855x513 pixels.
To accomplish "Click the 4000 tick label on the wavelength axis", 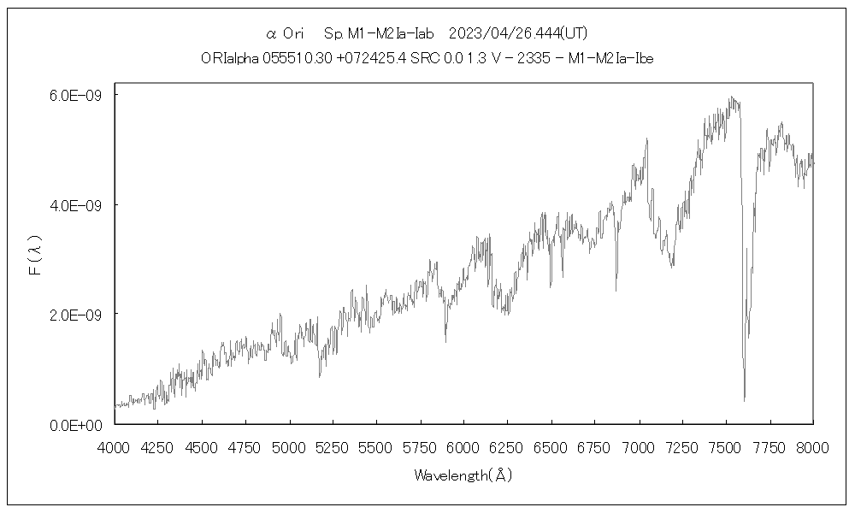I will (114, 446).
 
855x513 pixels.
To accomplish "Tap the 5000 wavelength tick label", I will (289, 446).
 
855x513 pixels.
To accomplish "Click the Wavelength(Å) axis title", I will (463, 475).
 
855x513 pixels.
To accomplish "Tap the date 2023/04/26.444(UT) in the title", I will (518, 33).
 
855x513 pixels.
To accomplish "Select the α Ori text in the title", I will (286, 33).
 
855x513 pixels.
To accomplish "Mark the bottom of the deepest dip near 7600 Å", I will (744, 400).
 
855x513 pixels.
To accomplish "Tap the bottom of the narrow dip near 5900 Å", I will (445, 342).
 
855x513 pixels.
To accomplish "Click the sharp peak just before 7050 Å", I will (646, 139).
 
